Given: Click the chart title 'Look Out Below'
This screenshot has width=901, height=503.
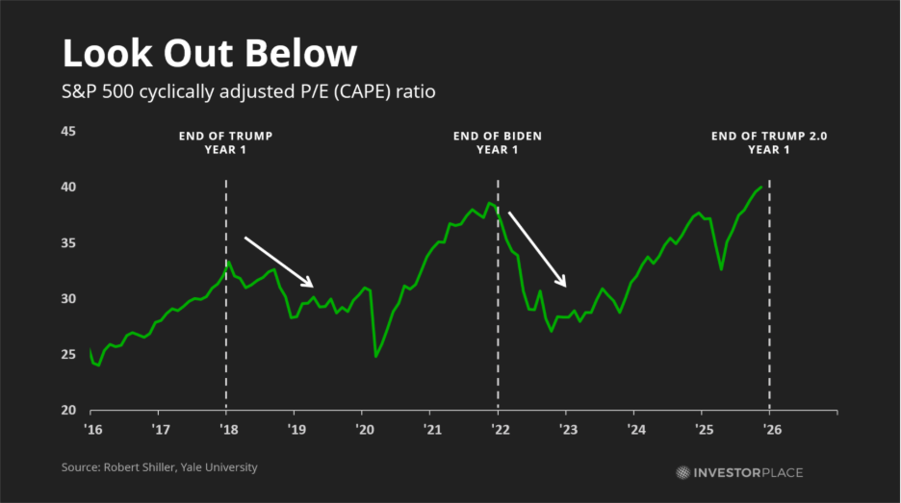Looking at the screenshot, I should click(209, 54).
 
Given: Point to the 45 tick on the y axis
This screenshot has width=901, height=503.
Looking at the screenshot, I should click(68, 131).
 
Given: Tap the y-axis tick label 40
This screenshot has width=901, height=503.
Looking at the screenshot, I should click(68, 187).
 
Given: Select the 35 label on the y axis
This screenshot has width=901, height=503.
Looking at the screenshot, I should click(68, 242).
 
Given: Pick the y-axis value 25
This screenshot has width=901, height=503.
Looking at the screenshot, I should click(68, 355).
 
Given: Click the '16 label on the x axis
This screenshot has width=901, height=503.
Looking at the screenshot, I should click(92, 428).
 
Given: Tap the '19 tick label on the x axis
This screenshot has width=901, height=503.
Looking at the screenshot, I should click(295, 428).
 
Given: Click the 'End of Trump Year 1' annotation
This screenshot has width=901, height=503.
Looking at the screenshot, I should click(225, 142).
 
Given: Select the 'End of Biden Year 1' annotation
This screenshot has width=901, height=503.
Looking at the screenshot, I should click(498, 142).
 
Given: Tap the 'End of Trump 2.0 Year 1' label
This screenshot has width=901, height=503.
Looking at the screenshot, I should click(769, 142).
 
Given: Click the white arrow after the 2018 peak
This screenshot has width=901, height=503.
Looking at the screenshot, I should click(279, 262).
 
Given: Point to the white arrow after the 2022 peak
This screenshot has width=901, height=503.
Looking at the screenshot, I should click(537, 249).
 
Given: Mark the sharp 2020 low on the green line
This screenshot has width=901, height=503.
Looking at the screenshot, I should click(375, 357).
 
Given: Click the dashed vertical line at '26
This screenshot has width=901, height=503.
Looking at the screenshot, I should click(769, 289).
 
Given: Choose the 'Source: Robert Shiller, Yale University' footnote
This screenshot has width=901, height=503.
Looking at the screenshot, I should click(161, 467).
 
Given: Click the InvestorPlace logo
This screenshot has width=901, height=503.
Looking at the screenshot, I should click(739, 472).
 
